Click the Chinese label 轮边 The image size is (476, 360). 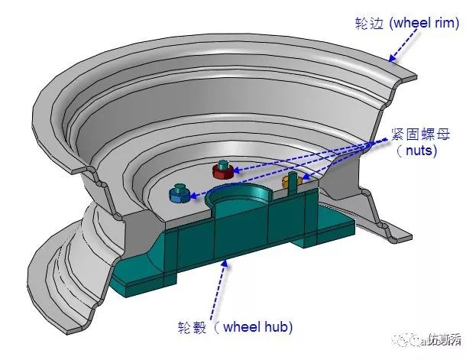click(x=370, y=24)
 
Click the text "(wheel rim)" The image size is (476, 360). click(x=424, y=24)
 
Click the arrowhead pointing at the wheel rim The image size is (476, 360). click(x=392, y=57)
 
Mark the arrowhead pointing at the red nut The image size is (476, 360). click(x=237, y=170)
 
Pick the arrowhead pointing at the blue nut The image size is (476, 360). click(x=193, y=196)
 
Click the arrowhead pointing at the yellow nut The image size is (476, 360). click(x=305, y=177)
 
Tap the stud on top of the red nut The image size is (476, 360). click(x=222, y=166)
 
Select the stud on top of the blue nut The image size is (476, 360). click(x=179, y=188)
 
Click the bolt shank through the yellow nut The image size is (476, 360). click(x=292, y=182)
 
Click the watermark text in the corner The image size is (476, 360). click(x=427, y=339)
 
